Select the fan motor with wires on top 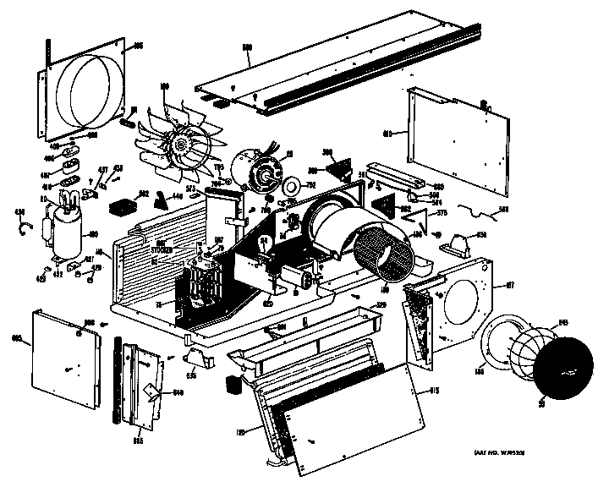point(257,167)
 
